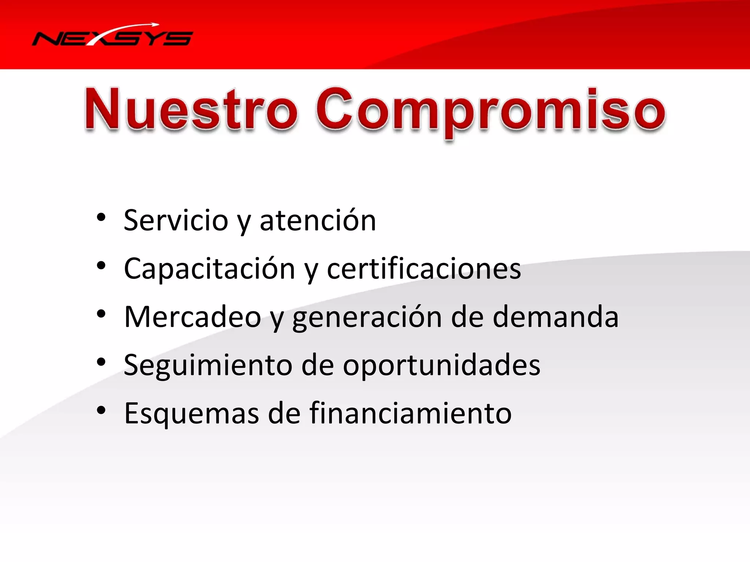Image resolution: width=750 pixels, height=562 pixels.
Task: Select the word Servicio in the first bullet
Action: click(x=176, y=221)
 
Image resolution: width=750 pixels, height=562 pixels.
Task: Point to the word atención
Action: click(x=318, y=221)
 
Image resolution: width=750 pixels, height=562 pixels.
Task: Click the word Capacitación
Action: click(x=209, y=269)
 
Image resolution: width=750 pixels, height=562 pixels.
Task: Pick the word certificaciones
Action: click(x=424, y=269)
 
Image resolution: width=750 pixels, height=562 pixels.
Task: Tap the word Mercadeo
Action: click(x=193, y=317)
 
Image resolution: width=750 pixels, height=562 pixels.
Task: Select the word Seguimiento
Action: click(x=208, y=365)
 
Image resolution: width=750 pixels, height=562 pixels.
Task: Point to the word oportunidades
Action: click(x=441, y=365)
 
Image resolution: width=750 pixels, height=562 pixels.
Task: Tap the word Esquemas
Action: click(x=192, y=413)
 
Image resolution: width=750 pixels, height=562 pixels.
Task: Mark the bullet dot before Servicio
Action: click(x=101, y=218)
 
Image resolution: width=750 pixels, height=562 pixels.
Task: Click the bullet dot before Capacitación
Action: click(x=101, y=266)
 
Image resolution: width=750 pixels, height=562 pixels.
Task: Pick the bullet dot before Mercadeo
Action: click(x=101, y=314)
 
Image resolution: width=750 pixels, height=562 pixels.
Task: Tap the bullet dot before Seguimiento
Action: click(x=101, y=362)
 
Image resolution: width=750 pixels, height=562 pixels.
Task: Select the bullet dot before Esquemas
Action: click(x=101, y=411)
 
